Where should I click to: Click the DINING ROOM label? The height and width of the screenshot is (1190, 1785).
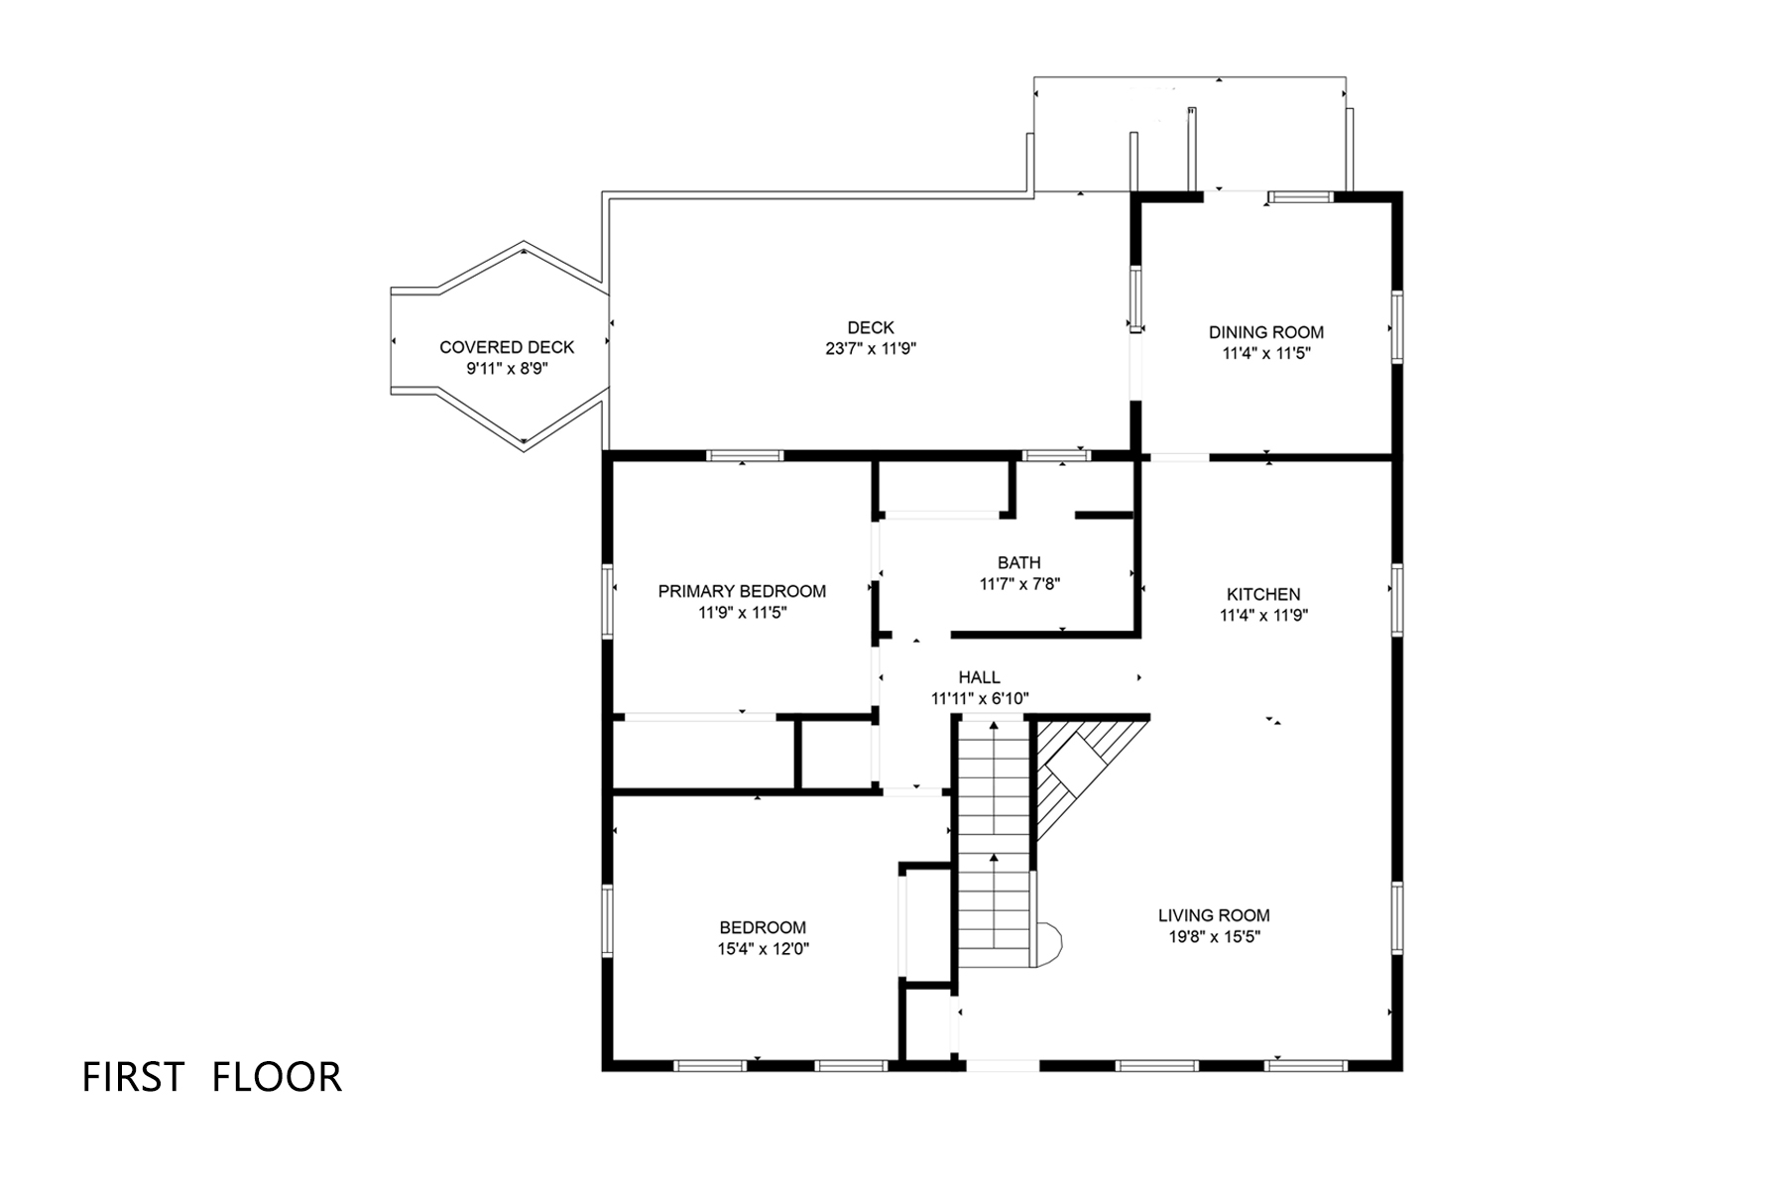pos(1265,332)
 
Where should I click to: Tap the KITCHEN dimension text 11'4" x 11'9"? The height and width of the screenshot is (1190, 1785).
pos(1263,615)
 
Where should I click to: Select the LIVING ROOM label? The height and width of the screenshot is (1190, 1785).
pos(1214,915)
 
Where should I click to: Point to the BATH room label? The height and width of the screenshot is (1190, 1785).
pos(1019,563)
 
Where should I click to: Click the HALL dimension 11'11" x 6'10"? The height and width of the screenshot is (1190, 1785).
pos(980,699)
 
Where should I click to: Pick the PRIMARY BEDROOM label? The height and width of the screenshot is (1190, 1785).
pos(742,591)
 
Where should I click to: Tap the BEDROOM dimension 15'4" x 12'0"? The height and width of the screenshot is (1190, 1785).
pos(763,949)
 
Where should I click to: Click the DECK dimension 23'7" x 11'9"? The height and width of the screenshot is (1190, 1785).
pos(871,349)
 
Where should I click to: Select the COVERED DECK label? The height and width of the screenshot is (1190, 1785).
pos(507,347)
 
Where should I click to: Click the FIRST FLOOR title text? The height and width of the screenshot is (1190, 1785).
pos(211,1077)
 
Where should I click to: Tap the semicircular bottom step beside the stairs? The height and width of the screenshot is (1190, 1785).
pos(1047,944)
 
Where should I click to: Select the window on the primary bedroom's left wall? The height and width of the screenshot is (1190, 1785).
pos(608,599)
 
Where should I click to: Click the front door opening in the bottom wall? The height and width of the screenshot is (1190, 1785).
pos(1002,1066)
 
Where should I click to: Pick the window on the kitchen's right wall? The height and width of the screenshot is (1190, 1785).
pos(1396,599)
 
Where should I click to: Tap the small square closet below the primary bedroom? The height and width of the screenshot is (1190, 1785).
pos(835,756)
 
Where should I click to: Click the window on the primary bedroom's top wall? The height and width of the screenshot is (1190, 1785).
pos(745,456)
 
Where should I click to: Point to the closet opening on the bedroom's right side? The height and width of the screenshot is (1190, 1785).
pos(902,926)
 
